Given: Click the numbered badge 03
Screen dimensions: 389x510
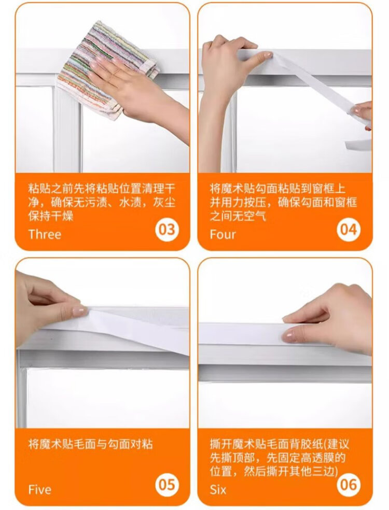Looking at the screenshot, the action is coord(166,229).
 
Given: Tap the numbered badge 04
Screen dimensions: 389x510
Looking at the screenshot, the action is coord(349,229).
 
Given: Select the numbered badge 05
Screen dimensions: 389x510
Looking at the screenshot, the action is coord(166,484).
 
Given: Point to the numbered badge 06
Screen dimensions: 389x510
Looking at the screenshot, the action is coord(349,484).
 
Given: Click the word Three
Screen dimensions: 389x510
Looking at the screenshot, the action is coord(45,234).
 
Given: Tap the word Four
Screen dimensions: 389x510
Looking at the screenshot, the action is coord(223,234).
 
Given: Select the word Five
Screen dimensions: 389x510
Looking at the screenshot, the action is coord(40,489).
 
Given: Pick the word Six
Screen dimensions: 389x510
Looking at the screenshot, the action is coord(218,489).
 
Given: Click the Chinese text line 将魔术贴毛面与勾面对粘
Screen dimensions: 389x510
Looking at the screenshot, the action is coord(90,444).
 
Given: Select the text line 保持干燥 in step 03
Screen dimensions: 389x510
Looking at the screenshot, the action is coord(51,216).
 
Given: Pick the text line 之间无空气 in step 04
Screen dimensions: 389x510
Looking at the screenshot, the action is coord(238,216).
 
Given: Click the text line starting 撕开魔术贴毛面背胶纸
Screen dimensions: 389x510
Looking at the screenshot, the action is coord(279,444).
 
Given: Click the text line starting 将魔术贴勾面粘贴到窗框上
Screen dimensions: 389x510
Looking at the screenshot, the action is coord(277,188).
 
